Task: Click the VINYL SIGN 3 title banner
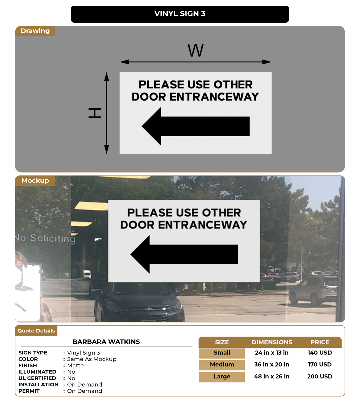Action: tap(180, 14)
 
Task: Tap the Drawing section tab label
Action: tap(35, 31)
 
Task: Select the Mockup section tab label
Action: tap(35, 181)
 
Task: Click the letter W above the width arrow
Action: tap(195, 51)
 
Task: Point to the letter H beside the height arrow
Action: tap(95, 113)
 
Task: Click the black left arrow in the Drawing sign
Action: tap(196, 126)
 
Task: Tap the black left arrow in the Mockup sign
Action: tap(184, 254)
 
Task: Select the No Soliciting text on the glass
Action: tap(45, 238)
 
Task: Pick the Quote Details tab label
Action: tap(36, 331)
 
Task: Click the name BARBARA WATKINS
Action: tap(106, 342)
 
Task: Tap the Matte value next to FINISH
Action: tap(75, 365)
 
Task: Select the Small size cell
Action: tap(222, 353)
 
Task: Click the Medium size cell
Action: tap(222, 365)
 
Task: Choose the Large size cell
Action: tap(222, 377)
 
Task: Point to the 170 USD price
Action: tap(319, 365)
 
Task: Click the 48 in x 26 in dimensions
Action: tap(272, 377)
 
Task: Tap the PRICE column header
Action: tap(320, 342)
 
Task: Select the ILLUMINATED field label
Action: tap(37, 372)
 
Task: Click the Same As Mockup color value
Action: tap(92, 359)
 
